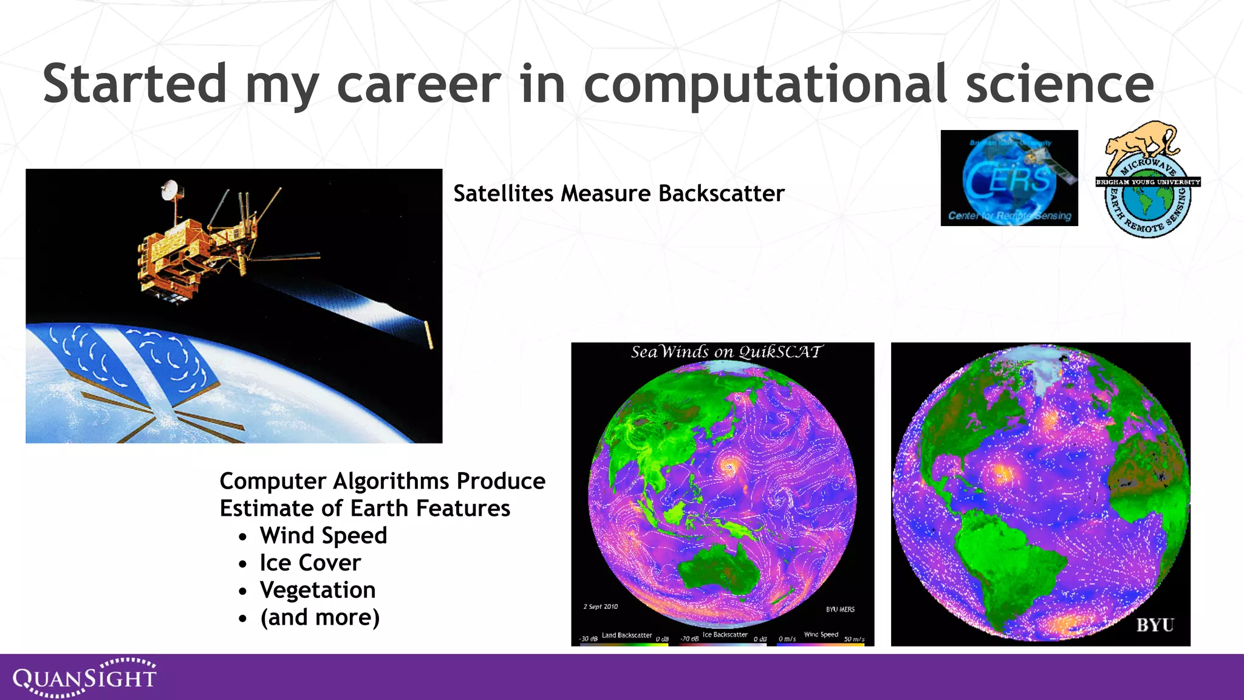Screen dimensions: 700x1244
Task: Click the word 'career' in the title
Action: click(x=419, y=84)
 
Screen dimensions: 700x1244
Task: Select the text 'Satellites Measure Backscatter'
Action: click(x=618, y=193)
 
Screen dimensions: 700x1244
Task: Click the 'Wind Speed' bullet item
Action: click(x=323, y=535)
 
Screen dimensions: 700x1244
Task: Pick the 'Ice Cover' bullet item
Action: click(x=310, y=563)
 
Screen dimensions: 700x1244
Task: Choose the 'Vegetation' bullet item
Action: click(x=318, y=590)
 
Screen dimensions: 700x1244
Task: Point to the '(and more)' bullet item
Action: click(x=320, y=617)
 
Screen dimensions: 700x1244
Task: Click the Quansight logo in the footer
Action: click(x=85, y=677)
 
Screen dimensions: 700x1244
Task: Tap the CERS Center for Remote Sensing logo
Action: click(x=1009, y=178)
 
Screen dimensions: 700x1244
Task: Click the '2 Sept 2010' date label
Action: click(x=600, y=606)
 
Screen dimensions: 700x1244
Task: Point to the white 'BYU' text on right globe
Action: click(x=1155, y=625)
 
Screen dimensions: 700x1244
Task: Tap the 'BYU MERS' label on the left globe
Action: click(x=839, y=609)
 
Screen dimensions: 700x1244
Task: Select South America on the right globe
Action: click(x=1008, y=565)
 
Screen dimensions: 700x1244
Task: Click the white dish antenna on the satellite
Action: click(x=171, y=189)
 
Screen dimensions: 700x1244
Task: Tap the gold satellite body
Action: click(x=176, y=255)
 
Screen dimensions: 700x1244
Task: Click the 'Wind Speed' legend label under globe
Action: click(x=821, y=634)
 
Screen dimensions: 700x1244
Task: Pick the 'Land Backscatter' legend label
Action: click(x=626, y=635)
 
